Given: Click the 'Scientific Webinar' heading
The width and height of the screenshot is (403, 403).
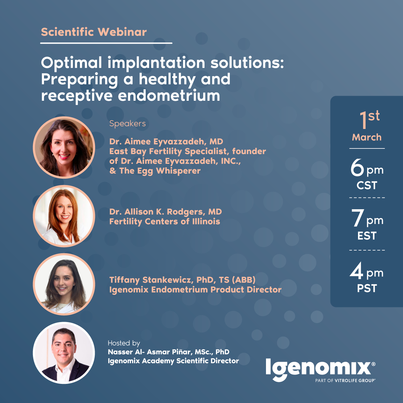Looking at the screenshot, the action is (94, 32).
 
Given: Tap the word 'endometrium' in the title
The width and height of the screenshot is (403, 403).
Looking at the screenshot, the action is (169, 96).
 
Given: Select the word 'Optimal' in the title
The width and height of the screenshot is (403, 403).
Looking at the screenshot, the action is (71, 63).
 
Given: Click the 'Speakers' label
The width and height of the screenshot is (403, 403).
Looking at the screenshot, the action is (127, 124).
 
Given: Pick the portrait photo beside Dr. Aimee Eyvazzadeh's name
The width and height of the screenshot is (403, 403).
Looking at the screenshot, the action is (64, 147).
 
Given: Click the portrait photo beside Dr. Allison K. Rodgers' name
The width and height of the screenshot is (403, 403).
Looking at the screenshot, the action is (64, 216).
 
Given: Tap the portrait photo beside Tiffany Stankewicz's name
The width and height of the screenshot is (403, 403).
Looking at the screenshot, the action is (64, 284).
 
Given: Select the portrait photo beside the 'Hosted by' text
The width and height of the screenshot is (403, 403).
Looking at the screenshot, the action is (64, 353).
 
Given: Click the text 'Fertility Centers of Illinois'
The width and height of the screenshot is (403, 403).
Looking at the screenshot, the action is (165, 221).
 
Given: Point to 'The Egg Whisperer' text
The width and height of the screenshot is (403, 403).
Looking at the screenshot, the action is (160, 171).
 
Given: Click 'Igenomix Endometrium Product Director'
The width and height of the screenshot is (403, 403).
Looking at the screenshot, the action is (195, 289).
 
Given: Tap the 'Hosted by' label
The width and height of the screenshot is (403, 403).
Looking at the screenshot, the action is (124, 343).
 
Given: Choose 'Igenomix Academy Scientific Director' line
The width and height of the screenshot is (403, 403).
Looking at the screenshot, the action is (173, 361).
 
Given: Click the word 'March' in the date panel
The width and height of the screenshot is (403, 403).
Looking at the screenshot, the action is (367, 137).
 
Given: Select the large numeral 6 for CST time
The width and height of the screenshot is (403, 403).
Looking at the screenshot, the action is (357, 168).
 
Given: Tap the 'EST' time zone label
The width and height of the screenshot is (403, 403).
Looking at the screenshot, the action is (367, 236).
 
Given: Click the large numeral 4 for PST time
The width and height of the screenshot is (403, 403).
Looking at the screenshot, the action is (356, 270).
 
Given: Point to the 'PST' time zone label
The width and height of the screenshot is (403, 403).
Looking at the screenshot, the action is (367, 288).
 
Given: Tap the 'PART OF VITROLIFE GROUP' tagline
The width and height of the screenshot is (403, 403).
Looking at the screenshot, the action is (345, 380).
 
